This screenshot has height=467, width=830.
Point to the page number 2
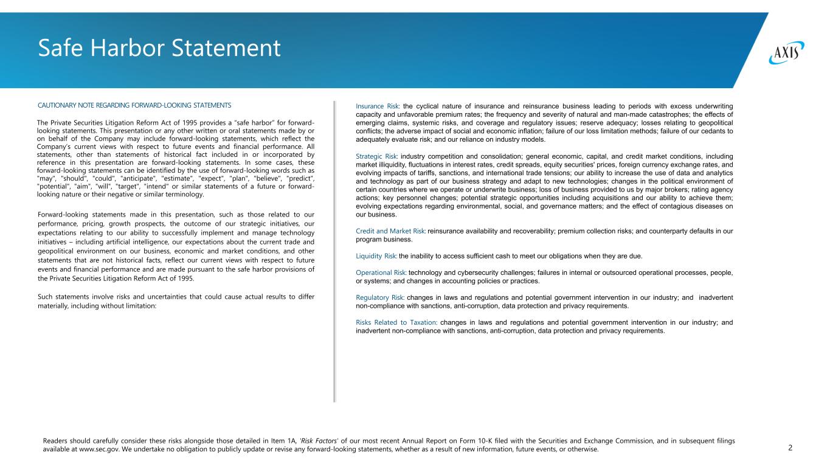790,448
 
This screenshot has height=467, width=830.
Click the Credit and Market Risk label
390,230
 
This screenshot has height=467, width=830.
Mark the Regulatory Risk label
380,297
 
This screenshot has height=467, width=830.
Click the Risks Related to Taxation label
396,322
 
